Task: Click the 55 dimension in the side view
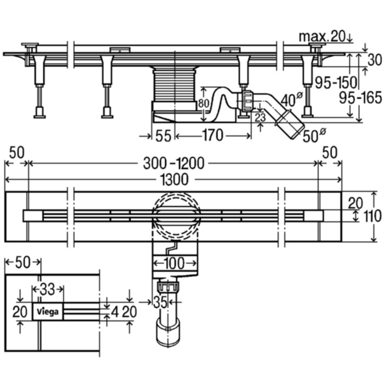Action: tap(163, 135)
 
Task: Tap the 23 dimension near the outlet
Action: tap(261, 117)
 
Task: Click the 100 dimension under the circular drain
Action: tap(174, 263)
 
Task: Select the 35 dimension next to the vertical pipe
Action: tap(160, 301)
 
